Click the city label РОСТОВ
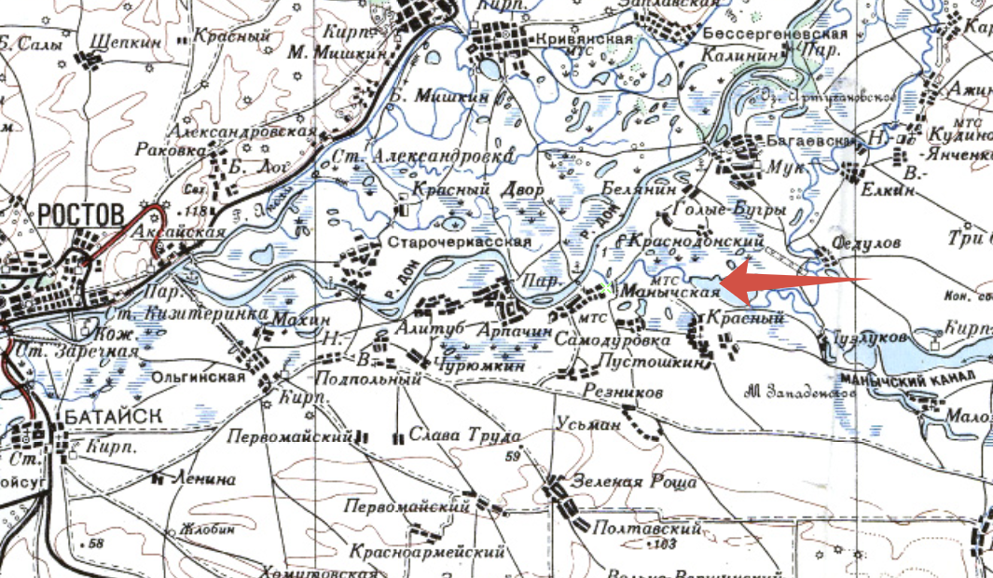coord(81,214)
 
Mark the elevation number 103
coord(665,543)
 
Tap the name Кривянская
coord(585,39)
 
